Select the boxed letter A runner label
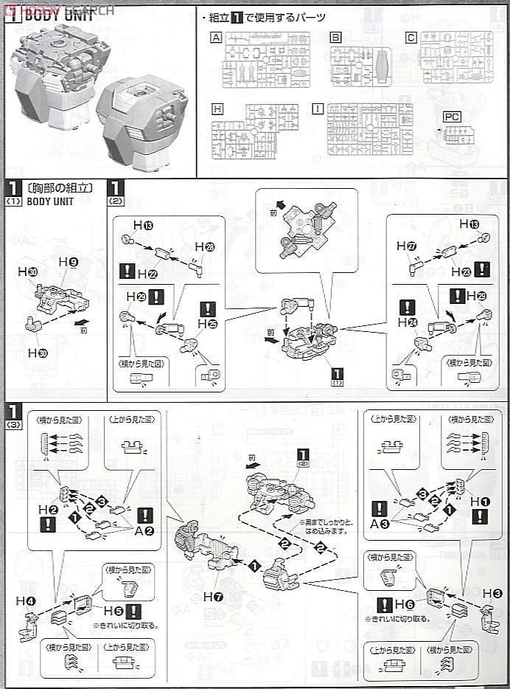(x=216, y=37)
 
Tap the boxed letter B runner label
(x=335, y=37)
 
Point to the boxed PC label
(x=452, y=117)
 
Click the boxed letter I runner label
(x=318, y=108)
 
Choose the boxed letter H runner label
(x=217, y=108)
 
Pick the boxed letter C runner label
(x=411, y=37)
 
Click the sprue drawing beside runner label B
(x=366, y=65)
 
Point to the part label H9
(x=69, y=263)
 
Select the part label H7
(x=213, y=596)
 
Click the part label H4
(x=29, y=600)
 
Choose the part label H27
(x=407, y=246)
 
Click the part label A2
(x=144, y=530)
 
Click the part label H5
(x=113, y=611)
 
